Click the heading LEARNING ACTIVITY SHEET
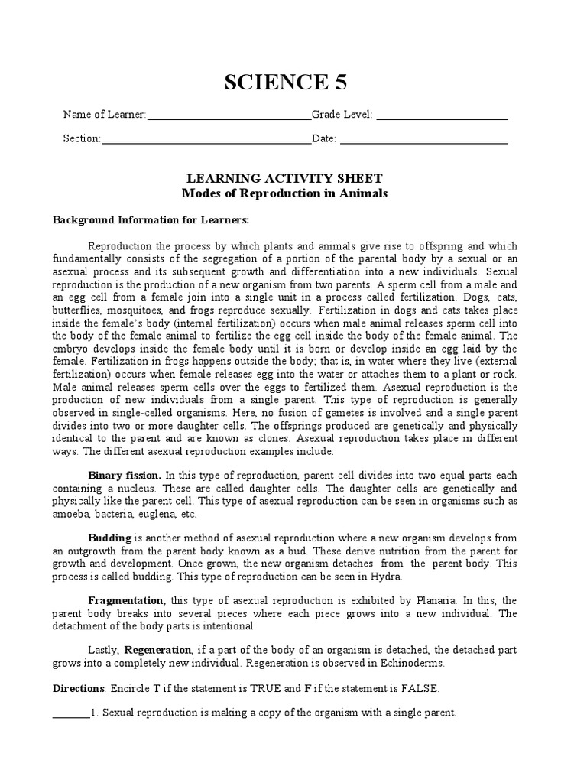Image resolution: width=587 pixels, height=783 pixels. click(x=284, y=177)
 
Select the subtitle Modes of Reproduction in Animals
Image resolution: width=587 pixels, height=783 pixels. click(x=284, y=193)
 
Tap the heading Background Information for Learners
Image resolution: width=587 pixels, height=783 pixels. click(x=151, y=220)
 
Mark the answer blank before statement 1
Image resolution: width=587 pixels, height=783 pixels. click(x=70, y=714)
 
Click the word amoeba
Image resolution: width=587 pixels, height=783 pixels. click(x=71, y=514)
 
